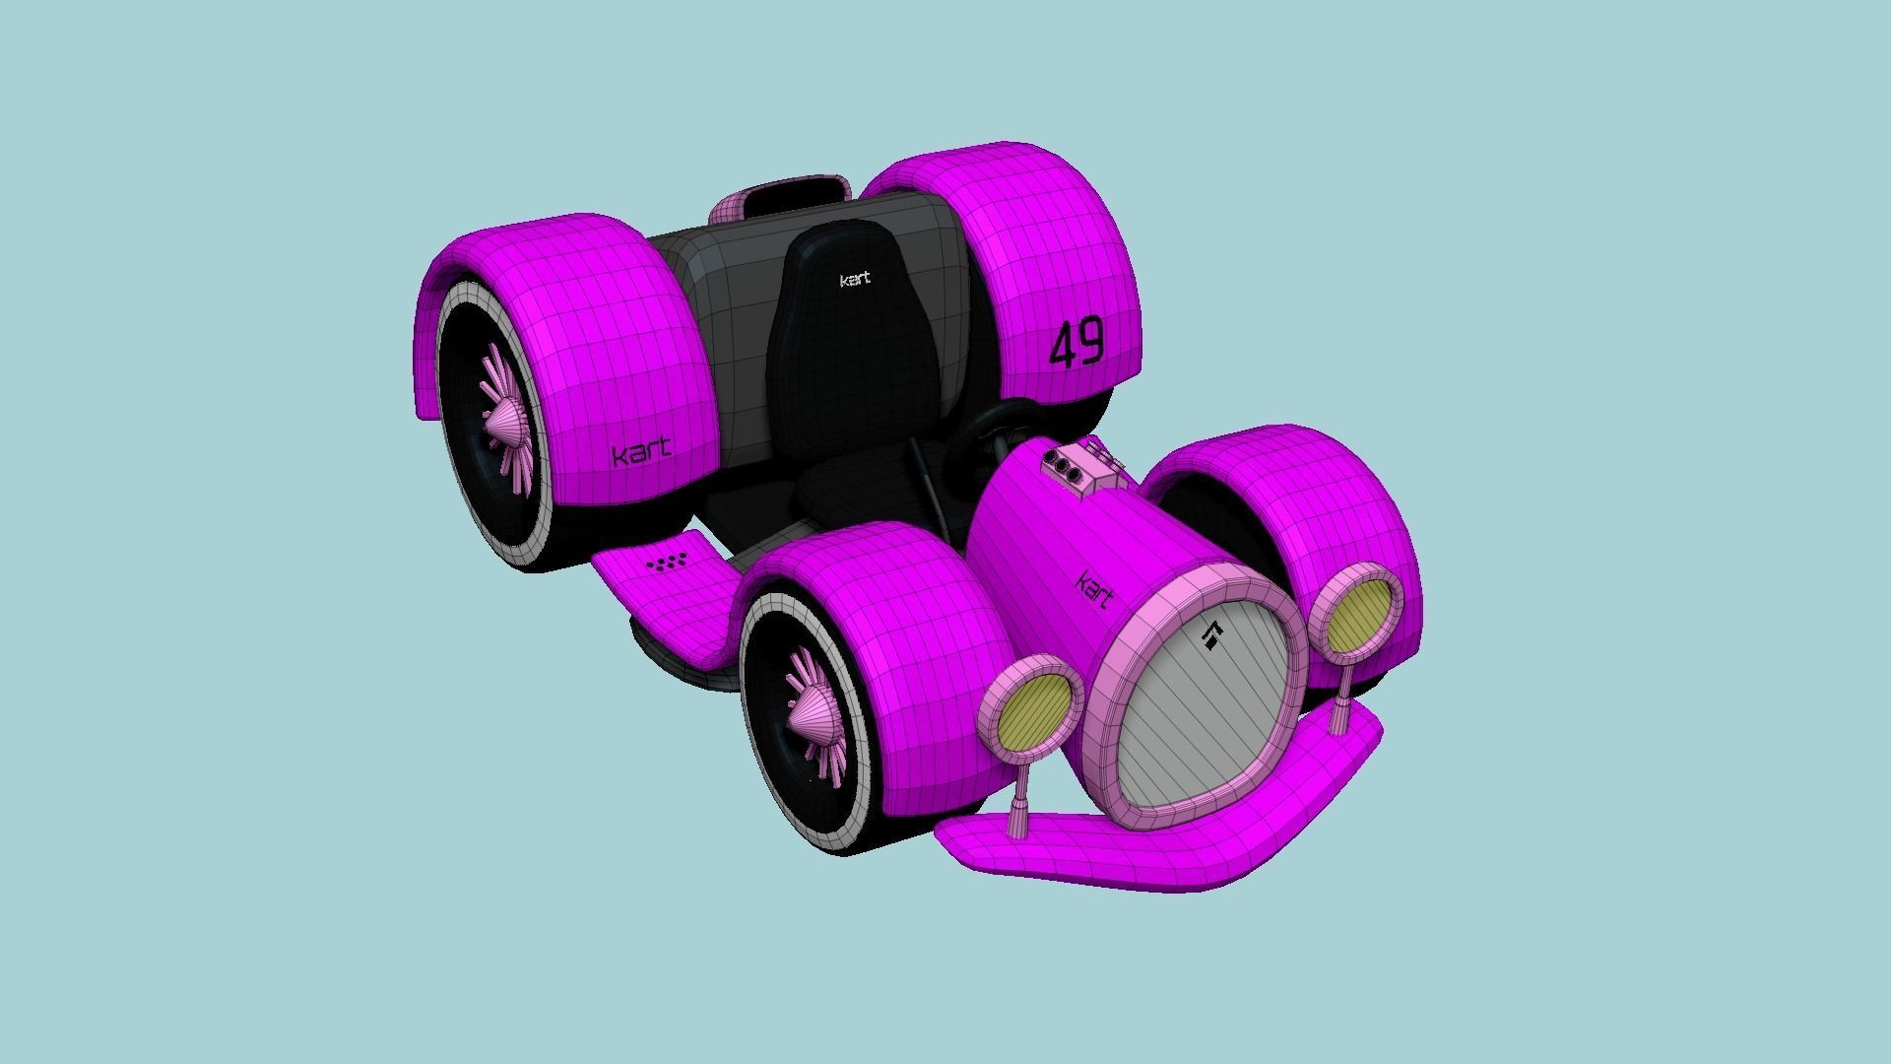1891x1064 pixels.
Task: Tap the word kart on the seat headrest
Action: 855,280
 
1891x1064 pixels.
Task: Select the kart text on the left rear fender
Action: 641,452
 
